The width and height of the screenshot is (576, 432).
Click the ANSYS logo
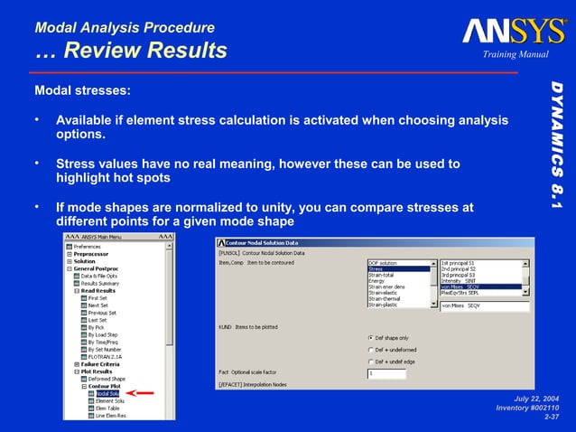(515, 32)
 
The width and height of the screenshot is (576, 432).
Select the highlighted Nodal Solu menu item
(107, 393)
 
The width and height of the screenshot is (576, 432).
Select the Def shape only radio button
(372, 338)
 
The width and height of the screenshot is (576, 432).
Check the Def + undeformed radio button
(372, 350)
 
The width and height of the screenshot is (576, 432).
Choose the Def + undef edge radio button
(372, 362)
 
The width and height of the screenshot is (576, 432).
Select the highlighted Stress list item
(398, 269)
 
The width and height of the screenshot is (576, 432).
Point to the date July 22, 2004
(537, 398)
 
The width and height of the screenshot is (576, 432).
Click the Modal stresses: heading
(82, 91)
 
